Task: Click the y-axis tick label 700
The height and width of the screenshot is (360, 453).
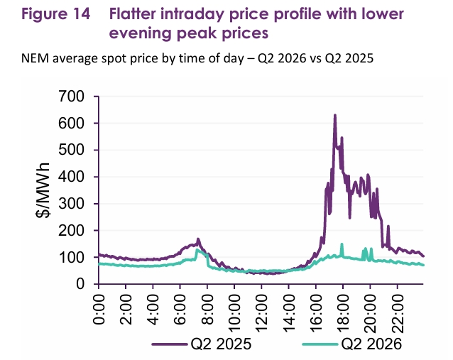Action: coord(71,96)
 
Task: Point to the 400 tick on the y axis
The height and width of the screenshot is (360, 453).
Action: coord(71,177)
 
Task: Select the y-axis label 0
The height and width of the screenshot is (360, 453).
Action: coord(80,284)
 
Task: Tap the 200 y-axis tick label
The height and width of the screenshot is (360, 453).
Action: coord(71,231)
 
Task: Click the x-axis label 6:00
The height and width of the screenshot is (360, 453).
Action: coord(180,310)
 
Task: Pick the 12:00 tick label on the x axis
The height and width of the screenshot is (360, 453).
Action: coord(261,313)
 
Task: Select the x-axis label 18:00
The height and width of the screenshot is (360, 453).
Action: coord(343,313)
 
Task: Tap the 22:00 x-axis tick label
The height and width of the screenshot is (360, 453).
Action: coord(397,313)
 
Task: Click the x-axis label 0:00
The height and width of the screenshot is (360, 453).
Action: coord(98,310)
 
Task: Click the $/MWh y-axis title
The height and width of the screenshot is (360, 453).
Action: coord(43,190)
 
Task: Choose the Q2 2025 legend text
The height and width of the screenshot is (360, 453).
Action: coord(221,344)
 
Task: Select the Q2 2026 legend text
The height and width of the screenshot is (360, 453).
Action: coord(371,344)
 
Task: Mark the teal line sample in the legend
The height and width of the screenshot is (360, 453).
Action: coord(320,344)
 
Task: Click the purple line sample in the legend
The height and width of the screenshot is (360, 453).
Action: coord(169,344)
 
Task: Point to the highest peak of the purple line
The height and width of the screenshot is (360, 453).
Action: coord(335,115)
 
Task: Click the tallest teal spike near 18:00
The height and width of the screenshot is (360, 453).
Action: coord(342,244)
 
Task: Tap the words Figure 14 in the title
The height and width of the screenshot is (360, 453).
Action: coord(56,14)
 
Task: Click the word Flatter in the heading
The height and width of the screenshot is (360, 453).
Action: coord(133,14)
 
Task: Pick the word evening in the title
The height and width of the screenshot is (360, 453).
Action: coord(141,33)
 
